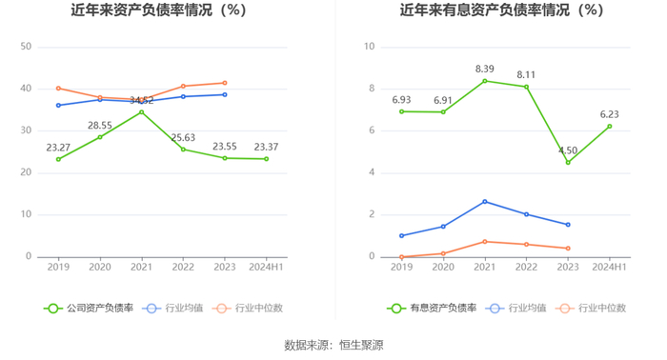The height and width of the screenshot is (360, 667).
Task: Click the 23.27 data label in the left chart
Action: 58,148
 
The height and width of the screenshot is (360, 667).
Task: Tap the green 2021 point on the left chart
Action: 142,112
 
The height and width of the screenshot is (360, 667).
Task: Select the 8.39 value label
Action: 484,69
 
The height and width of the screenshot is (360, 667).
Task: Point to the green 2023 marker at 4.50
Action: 568,162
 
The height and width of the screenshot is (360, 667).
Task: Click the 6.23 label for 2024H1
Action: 609,114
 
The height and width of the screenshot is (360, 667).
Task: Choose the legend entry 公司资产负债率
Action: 89,309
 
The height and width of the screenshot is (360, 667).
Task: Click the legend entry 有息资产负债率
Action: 432,309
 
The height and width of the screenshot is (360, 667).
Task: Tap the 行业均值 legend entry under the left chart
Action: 172,309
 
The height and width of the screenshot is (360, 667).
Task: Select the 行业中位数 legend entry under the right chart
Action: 591,309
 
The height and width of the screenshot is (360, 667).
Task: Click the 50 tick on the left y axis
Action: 26,47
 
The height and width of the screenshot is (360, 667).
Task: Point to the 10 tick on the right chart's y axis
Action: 370,47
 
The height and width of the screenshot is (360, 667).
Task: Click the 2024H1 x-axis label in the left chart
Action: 266,267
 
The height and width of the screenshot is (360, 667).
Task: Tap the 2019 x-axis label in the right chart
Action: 401,267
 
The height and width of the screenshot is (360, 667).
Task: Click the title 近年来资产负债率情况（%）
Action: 159,10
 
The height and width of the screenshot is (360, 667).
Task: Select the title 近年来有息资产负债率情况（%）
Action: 502,10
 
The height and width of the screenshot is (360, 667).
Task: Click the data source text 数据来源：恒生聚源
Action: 333,345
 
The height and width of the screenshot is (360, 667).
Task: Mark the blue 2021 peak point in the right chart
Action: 485,202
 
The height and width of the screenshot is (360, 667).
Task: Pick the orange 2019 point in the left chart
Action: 58,89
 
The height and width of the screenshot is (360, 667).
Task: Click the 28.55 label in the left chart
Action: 100,126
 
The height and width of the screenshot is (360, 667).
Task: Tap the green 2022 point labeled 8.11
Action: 526,87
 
